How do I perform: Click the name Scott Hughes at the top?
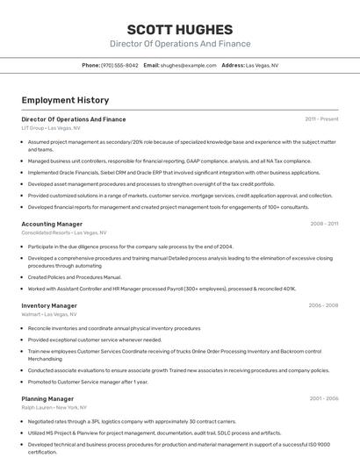pyautogui.click(x=180, y=29)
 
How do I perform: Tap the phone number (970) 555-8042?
pyautogui.click(x=119, y=65)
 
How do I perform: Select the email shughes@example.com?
pyautogui.click(x=188, y=65)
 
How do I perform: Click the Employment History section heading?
pyautogui.click(x=65, y=100)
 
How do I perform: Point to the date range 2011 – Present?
pyautogui.click(x=321, y=118)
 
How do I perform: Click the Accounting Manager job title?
pyautogui.click(x=53, y=224)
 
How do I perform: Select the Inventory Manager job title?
pyautogui.click(x=49, y=305)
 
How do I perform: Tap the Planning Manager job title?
pyautogui.click(x=47, y=398)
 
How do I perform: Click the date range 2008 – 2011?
pyautogui.click(x=323, y=224)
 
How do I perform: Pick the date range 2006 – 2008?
pyautogui.click(x=323, y=305)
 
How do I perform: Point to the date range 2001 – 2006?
pyautogui.click(x=323, y=398)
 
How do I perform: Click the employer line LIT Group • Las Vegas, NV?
pyautogui.click(x=51, y=128)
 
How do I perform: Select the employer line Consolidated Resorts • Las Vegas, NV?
pyautogui.click(x=64, y=232)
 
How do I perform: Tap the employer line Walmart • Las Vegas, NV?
pyautogui.click(x=49, y=314)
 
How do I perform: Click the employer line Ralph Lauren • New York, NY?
pyautogui.click(x=54, y=407)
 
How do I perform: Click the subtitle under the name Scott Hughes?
pyautogui.click(x=180, y=44)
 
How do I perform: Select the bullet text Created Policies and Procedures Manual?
pyautogui.click(x=75, y=277)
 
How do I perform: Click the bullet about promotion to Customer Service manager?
pyautogui.click(x=88, y=382)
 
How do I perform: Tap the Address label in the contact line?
pyautogui.click(x=233, y=65)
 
